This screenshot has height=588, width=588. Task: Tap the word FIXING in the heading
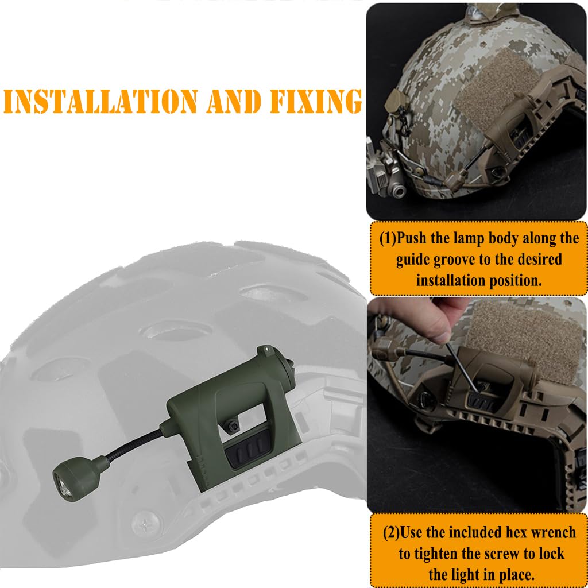[x=316, y=102]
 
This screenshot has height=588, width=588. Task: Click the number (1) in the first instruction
[x=388, y=238]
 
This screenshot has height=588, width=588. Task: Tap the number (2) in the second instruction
[x=392, y=532]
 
